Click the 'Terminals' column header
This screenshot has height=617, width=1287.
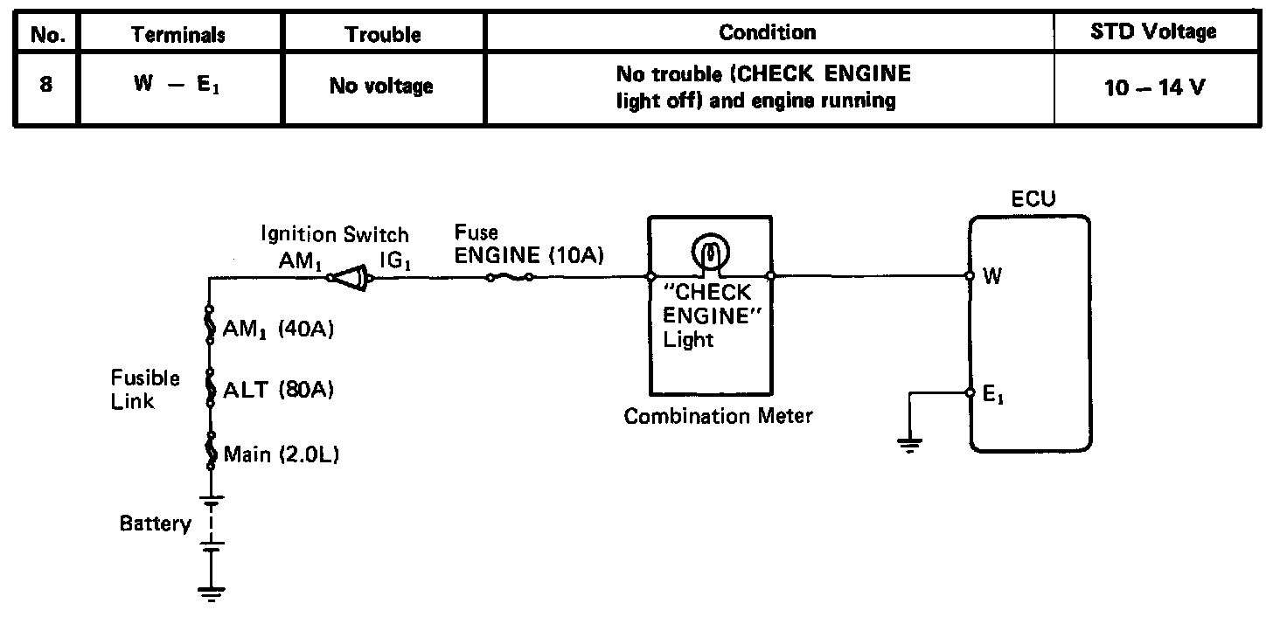(x=178, y=34)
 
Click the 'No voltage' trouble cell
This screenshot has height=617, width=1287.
(x=381, y=86)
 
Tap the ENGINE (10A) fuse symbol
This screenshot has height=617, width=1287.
(x=510, y=278)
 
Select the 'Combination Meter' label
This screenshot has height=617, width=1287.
(x=718, y=416)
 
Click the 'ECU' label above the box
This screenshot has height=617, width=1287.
(x=1033, y=198)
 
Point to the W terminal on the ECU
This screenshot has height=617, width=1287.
(x=970, y=276)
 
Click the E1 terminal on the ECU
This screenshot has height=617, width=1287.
(x=970, y=393)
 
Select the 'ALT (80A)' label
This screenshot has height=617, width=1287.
(x=279, y=391)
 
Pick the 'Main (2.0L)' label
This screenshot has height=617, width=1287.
(x=281, y=454)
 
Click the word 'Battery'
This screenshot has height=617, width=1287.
(x=156, y=524)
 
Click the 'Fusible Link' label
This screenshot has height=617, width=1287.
(x=145, y=390)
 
